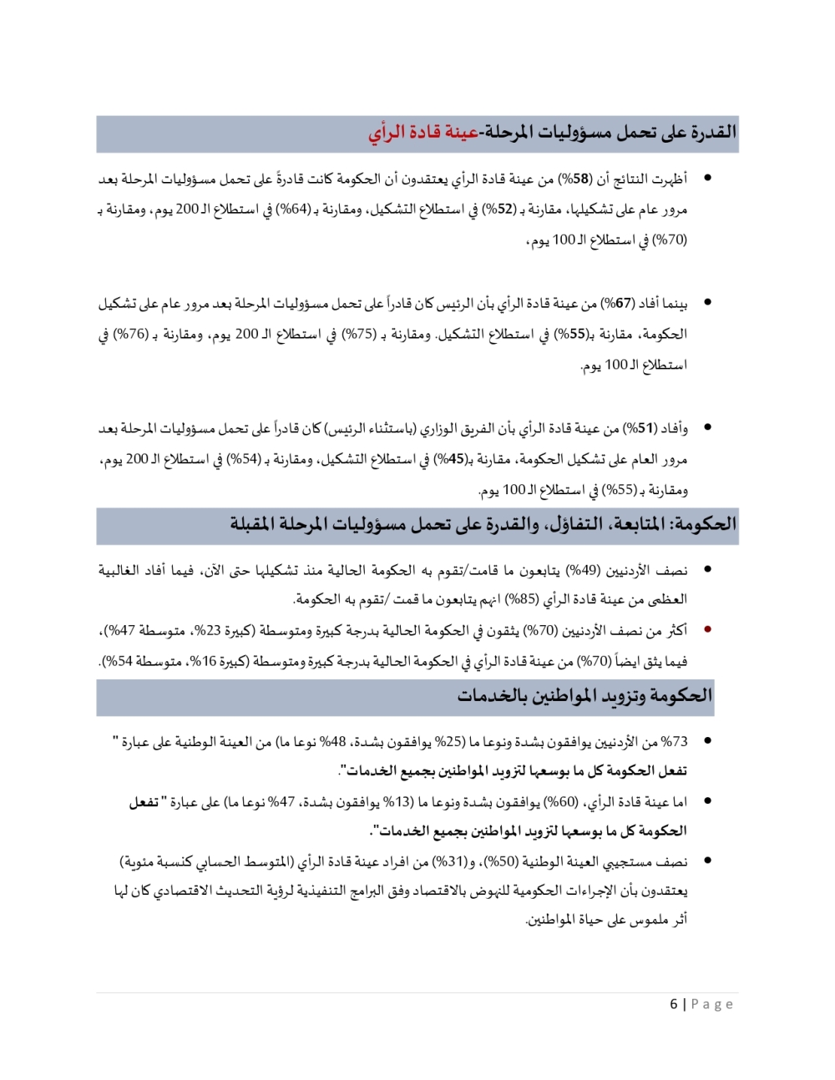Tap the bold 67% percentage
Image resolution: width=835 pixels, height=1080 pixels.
tap(618, 303)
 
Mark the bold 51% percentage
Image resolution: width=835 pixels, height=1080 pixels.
tap(640, 428)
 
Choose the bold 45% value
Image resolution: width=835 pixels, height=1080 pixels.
tap(451, 459)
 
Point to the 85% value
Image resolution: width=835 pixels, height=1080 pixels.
tap(523, 599)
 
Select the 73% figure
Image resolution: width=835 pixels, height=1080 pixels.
tap(673, 741)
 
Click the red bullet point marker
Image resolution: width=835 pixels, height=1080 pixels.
tap(707, 630)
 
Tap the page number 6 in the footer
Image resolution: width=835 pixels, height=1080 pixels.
tap(673, 1004)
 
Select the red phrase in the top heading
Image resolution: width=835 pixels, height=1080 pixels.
tap(423, 133)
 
